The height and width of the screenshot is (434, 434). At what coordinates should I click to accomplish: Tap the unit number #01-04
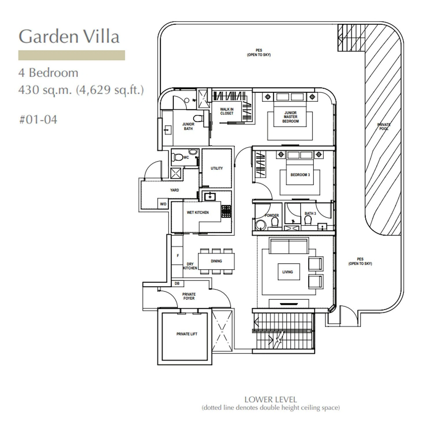click(38, 119)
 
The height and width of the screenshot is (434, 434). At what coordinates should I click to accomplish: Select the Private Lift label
click(187, 334)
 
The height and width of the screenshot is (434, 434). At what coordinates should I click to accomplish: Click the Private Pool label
click(384, 126)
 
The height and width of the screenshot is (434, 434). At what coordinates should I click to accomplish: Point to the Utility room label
click(217, 168)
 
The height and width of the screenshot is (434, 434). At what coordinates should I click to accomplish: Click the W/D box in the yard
click(163, 204)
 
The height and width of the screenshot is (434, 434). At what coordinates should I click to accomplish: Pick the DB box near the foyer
click(177, 284)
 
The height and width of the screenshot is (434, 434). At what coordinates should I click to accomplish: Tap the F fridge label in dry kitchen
click(178, 255)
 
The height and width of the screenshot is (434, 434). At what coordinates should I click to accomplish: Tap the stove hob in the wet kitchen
click(226, 211)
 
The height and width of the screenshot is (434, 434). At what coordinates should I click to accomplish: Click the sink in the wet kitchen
click(210, 197)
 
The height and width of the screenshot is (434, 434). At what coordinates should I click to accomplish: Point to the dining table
click(216, 261)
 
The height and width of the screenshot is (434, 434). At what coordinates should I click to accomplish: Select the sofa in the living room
click(288, 246)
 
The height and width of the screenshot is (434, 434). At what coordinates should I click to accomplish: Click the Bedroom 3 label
click(300, 175)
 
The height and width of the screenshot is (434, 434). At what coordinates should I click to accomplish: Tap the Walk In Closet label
click(227, 111)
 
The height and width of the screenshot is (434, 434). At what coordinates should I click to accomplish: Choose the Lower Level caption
click(271, 400)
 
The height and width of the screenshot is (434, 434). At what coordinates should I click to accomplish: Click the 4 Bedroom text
click(48, 72)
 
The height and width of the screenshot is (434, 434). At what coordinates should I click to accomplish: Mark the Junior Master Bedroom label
click(290, 117)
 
